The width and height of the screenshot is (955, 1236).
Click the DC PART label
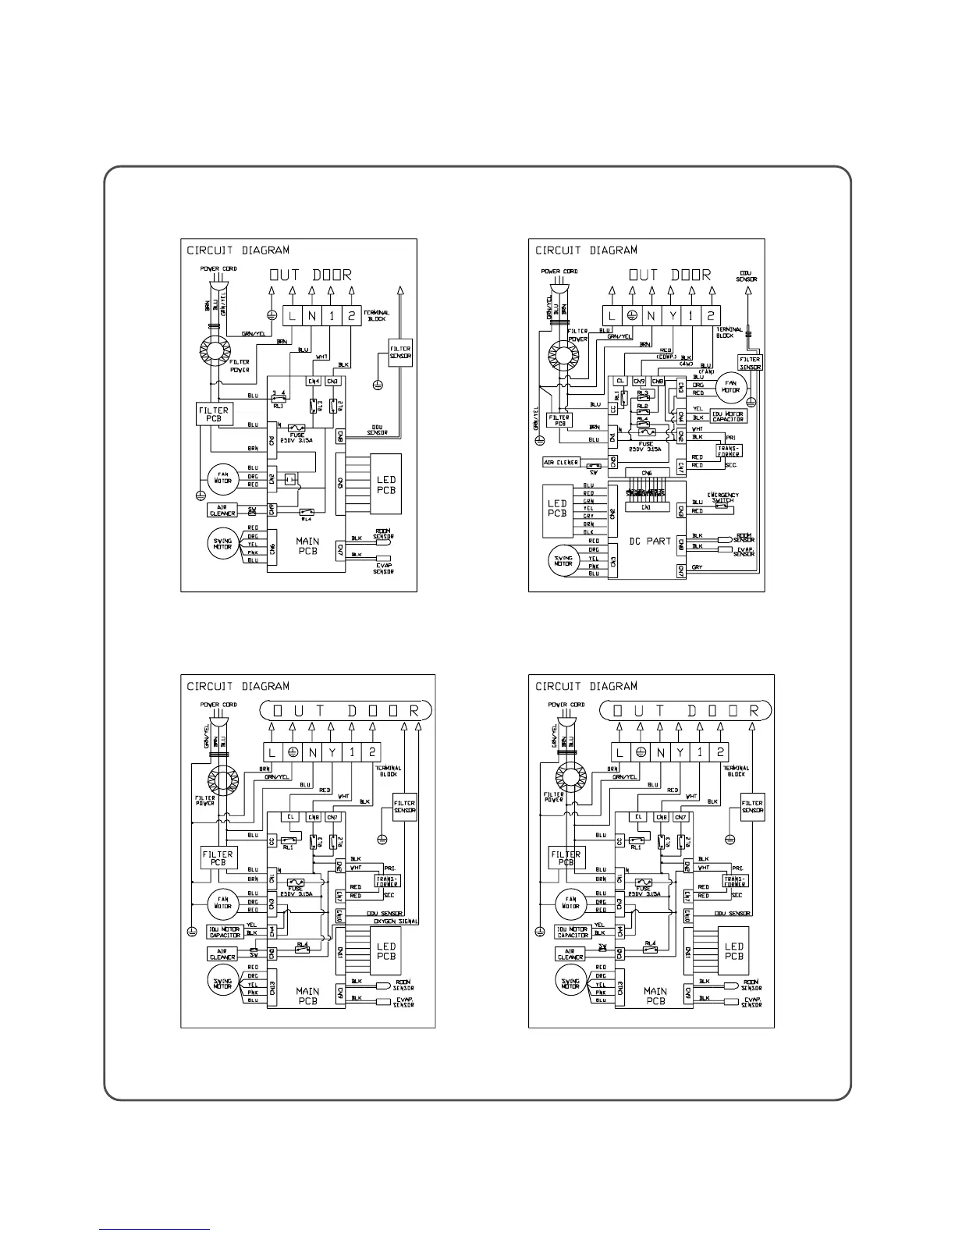click(x=649, y=541)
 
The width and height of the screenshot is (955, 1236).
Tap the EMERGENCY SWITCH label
click(x=722, y=497)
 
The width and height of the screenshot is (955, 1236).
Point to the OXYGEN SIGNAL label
click(x=397, y=922)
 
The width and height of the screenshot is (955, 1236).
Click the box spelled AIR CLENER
click(x=561, y=463)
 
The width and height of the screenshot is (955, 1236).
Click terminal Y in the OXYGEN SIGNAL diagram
click(x=332, y=752)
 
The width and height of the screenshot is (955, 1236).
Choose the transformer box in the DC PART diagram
click(x=728, y=451)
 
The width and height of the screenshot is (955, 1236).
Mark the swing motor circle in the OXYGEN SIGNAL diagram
click(x=222, y=980)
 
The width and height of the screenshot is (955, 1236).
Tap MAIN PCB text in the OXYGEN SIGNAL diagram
click(x=307, y=996)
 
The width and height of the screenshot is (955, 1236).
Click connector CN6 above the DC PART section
click(x=646, y=473)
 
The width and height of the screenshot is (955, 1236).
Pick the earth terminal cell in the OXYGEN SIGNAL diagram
click(x=292, y=752)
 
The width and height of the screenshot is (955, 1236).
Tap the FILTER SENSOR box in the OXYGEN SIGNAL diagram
click(x=405, y=806)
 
